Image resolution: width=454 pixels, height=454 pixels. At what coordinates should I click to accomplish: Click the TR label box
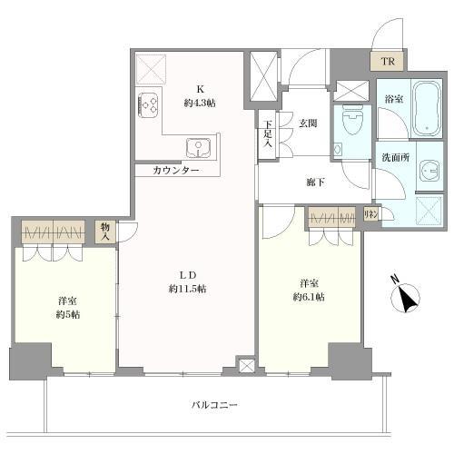[x=388, y=62]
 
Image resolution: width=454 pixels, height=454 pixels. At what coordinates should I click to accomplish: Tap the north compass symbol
[x=405, y=299]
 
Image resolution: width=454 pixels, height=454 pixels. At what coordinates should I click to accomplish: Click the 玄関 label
[x=310, y=123]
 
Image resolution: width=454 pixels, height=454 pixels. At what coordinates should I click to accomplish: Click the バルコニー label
[x=215, y=405]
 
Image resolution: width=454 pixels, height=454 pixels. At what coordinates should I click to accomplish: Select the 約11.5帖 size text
[x=188, y=289]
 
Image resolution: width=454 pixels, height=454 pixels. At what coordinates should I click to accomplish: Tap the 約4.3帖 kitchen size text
[x=198, y=104]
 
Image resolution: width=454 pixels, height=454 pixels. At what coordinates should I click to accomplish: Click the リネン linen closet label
[x=370, y=214]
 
